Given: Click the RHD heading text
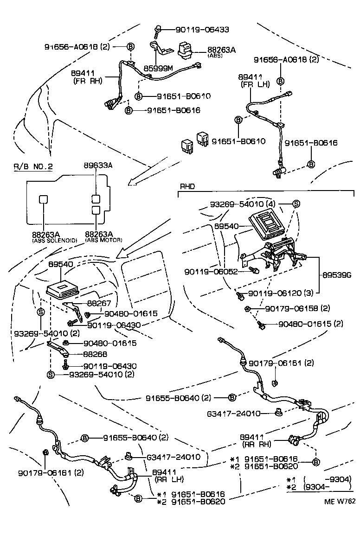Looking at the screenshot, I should pyautogui.click(x=188, y=186).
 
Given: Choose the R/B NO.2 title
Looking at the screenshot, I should pyautogui.click(x=33, y=166).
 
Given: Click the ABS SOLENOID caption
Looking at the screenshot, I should pyautogui.click(x=54, y=241).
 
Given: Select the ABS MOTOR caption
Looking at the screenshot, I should pyautogui.click(x=103, y=241).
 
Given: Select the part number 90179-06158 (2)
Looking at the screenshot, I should pyautogui.click(x=304, y=309).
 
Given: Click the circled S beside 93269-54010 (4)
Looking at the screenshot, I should pyautogui.click(x=296, y=204).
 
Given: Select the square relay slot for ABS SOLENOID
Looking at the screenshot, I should pyautogui.click(x=43, y=199).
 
